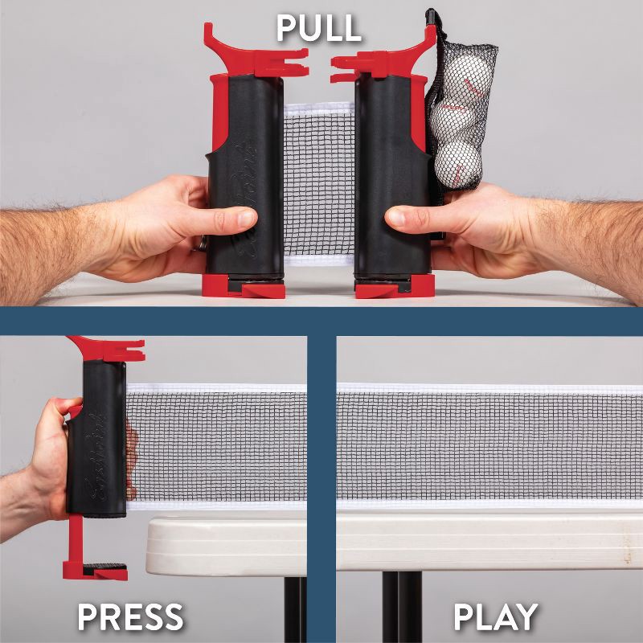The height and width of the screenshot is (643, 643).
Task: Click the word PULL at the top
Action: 319,28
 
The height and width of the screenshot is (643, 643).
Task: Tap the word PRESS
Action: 130,617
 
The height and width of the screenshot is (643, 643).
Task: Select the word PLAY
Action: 495,617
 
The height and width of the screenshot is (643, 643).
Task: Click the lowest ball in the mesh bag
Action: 459,163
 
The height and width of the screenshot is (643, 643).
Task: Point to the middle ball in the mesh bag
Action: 449,120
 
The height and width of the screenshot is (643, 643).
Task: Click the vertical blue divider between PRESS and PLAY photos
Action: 321,482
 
